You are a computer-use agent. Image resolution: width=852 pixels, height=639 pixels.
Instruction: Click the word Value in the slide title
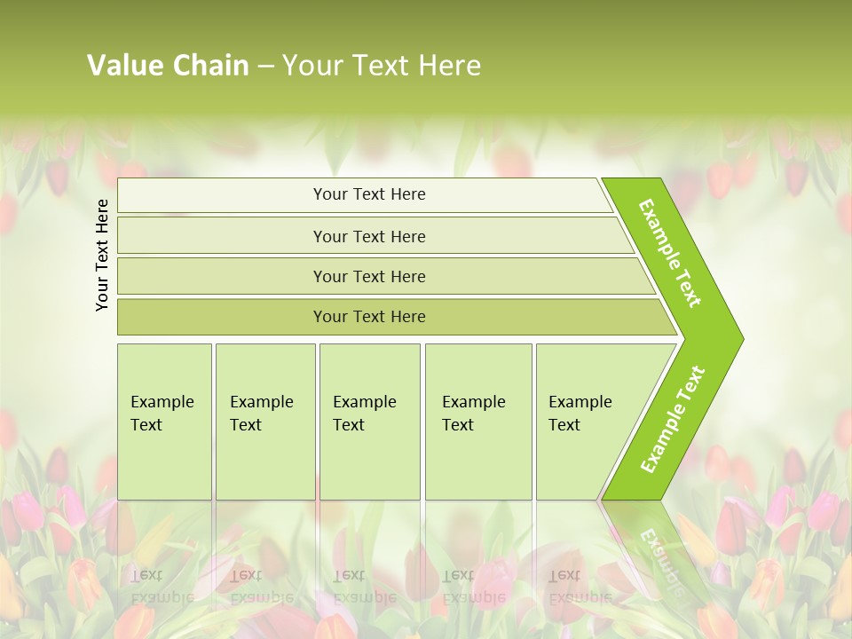pos(123,66)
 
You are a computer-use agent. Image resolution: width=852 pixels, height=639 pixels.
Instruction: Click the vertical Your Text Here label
pos(102,255)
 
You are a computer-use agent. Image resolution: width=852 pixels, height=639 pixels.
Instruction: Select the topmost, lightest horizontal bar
pos(368,194)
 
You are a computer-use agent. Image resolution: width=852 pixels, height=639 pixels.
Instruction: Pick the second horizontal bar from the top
pos(368,236)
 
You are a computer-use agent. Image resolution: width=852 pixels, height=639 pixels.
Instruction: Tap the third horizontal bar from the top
pos(368,276)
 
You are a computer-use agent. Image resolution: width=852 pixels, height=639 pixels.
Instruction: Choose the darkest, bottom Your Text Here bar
pos(368,317)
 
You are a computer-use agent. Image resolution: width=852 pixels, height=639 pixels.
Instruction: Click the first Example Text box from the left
pos(164,422)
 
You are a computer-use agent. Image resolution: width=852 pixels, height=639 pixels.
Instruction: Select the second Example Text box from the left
pos(265,422)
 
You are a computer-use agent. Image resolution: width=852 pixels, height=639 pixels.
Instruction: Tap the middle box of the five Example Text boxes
pos(369,422)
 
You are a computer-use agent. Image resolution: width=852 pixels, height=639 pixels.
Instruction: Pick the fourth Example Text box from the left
pos(478,422)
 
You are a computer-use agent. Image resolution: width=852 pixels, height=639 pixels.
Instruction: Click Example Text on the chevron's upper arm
pos(670,253)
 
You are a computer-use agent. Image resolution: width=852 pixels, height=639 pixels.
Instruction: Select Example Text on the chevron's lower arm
pos(673,419)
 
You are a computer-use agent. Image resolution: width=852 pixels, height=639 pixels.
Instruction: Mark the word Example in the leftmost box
pos(162,402)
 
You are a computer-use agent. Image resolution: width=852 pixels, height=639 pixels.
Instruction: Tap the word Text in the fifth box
pos(564,425)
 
